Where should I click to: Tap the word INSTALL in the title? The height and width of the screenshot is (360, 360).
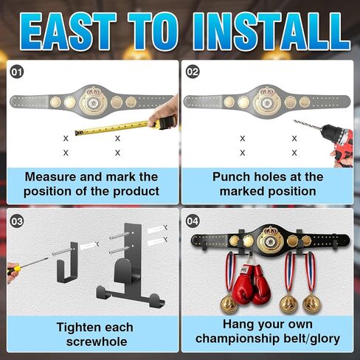pos(271,32)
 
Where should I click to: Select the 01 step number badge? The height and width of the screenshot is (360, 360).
pos(17,72)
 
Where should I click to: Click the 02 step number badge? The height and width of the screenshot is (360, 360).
pos(193,72)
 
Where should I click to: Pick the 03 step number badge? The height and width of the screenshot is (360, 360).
pos(17,221)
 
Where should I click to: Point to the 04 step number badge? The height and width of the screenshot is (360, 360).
pos(193,221)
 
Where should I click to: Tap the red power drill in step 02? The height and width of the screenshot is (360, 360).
pos(336,142)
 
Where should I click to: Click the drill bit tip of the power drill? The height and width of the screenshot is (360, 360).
pos(294,120)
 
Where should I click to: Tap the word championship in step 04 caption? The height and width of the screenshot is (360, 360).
pos(238,339)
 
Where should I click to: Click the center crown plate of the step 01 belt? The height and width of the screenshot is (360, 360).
pos(94,101)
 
